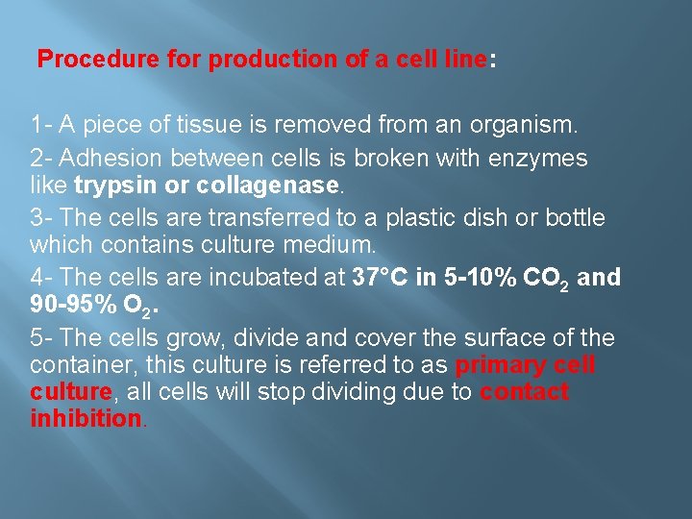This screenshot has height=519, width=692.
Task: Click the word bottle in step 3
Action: pyautogui.click(x=576, y=218)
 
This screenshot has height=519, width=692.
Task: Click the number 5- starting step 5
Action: pyautogui.click(x=41, y=338)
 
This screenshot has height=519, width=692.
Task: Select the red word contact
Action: pyautogui.click(x=525, y=392)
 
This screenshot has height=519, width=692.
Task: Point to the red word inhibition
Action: pyautogui.click(x=85, y=418)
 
